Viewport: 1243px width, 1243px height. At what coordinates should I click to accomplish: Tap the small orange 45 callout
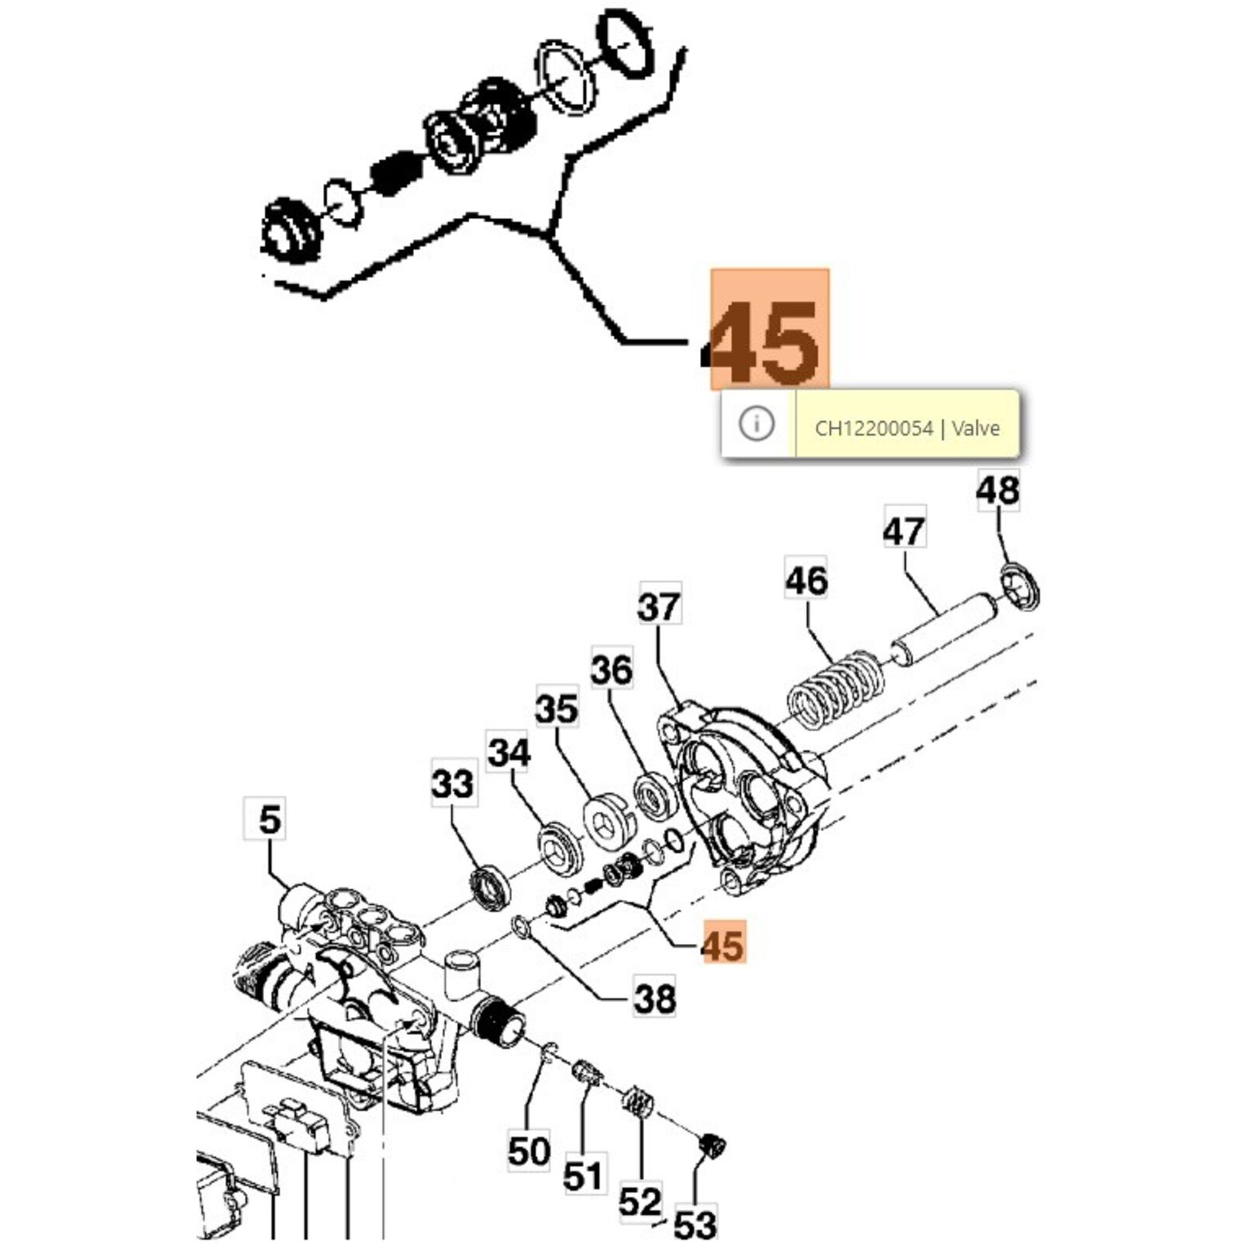coord(723,945)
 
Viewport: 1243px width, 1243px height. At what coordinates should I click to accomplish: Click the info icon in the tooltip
coord(757,423)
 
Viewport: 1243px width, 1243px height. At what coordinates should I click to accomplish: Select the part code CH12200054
coord(873,428)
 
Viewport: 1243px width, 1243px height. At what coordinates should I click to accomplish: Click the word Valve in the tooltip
coord(976,428)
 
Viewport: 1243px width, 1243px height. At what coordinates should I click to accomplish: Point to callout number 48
coord(998,490)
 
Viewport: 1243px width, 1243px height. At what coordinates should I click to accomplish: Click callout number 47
coord(904,531)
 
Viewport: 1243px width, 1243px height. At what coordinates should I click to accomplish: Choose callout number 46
coord(806,580)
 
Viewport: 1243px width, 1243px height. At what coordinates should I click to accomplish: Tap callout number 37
coord(659,606)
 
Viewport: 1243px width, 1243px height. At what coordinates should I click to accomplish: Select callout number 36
coord(612,670)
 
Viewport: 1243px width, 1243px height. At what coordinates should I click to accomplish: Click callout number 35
coord(557,709)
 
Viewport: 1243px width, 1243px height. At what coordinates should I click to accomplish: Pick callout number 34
coord(509,752)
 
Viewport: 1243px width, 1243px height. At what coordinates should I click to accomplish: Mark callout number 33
coord(453,783)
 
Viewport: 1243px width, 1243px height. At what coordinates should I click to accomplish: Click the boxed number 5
coord(268,819)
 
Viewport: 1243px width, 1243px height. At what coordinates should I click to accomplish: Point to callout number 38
coord(654,998)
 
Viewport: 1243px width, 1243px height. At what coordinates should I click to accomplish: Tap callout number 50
coord(529,1151)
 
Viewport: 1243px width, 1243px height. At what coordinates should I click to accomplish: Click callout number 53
coord(695,1224)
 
